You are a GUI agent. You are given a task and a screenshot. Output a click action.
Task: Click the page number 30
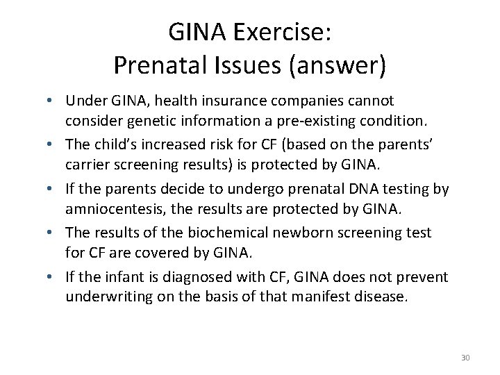(x=465, y=358)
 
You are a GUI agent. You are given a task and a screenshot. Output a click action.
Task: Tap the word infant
(x=125, y=277)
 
